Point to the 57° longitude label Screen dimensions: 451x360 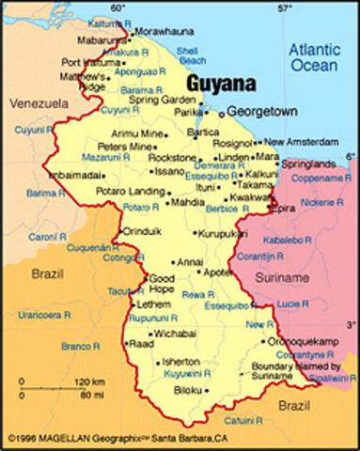coord(283,8)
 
